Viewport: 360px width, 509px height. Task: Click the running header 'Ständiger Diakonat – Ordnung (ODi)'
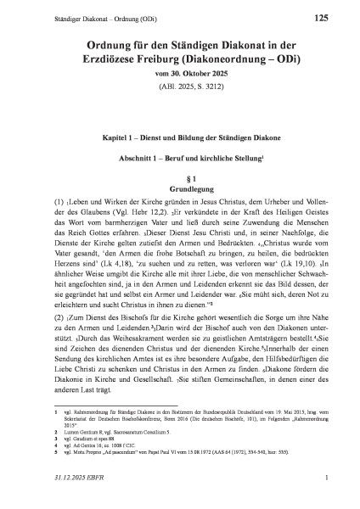point(77,18)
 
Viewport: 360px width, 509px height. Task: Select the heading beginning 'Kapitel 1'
point(179,137)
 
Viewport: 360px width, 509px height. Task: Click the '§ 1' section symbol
point(179,181)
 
